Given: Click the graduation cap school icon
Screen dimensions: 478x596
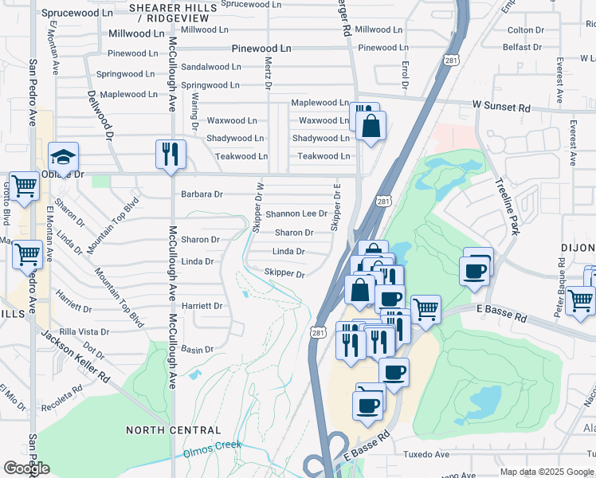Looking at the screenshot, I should coord(63,156).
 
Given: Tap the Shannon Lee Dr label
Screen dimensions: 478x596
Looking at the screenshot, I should coord(296,214).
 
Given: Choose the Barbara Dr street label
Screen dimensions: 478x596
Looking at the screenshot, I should coord(202,194).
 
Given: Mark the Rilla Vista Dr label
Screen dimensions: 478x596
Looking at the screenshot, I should coord(84,331).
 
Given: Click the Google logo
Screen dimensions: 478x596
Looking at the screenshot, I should coord(26,468).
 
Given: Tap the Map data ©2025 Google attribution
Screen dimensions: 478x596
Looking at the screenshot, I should coord(546,472).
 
